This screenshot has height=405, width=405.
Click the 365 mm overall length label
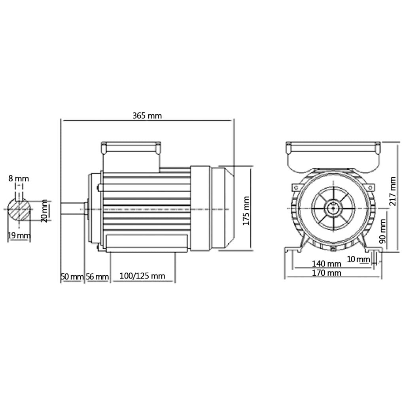147,116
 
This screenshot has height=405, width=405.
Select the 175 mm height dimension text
246,210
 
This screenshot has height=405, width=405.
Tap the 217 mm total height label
393,191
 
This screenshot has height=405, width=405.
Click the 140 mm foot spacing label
326,264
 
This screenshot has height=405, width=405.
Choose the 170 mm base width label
326,273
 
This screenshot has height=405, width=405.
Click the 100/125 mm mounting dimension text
142,276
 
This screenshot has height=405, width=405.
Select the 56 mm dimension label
97,276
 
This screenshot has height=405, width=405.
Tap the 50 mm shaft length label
72,276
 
